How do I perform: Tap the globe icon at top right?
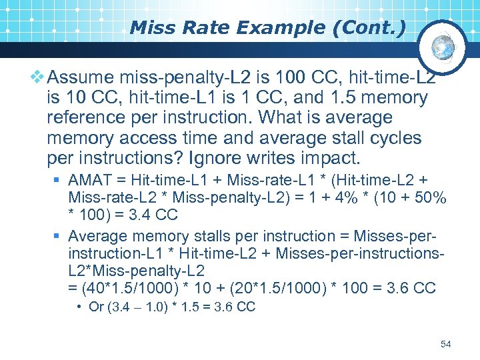442,47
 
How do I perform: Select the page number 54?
446,344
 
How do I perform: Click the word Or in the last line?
96,307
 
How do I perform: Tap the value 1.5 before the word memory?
345,98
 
